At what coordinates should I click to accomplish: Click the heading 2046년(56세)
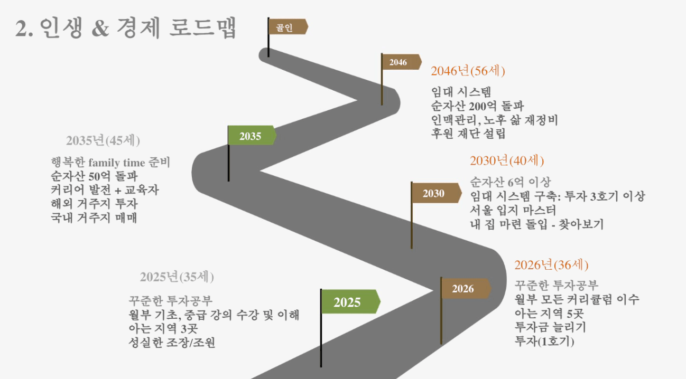[x=468, y=71]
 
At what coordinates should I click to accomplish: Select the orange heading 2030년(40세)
[x=507, y=160]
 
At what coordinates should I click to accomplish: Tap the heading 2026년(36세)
[x=551, y=265]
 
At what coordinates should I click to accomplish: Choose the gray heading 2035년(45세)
[x=103, y=140]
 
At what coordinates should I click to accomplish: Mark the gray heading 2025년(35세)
[x=177, y=277]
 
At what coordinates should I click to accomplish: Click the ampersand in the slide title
[x=100, y=29]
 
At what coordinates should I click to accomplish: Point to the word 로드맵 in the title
[x=202, y=27]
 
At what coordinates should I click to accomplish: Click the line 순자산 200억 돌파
[x=477, y=106]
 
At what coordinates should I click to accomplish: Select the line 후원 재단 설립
[x=468, y=134]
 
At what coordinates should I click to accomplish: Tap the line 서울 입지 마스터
[x=513, y=210]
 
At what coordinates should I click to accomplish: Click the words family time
[x=117, y=163]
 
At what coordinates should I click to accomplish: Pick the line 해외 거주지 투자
[x=94, y=204]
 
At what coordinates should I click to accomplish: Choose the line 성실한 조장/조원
[x=172, y=343]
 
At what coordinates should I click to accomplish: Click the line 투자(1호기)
[x=544, y=341]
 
